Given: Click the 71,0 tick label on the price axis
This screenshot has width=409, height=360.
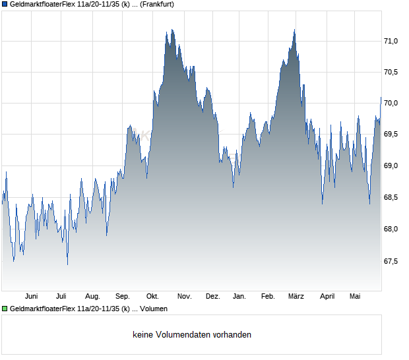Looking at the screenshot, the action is (x=391, y=41).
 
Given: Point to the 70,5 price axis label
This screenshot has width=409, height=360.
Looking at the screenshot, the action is (x=391, y=72).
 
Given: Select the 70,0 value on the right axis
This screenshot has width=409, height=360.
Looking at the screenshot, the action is (x=391, y=103).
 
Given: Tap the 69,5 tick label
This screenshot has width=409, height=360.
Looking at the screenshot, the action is (x=391, y=134).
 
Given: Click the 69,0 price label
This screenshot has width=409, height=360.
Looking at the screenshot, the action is (x=391, y=165).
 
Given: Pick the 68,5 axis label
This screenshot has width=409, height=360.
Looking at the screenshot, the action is (x=391, y=197).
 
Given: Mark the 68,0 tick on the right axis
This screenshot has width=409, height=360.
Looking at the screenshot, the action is (x=391, y=229).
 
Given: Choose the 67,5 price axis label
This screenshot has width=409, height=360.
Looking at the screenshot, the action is (x=391, y=261).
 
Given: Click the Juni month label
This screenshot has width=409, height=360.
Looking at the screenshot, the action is (x=31, y=297).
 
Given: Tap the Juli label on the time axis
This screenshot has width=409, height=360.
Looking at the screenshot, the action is (x=61, y=297).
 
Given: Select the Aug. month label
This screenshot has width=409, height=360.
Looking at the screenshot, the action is (x=92, y=297).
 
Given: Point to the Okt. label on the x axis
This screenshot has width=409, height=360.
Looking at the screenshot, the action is (x=152, y=297).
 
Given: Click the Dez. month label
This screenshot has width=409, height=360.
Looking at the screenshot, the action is (x=213, y=297).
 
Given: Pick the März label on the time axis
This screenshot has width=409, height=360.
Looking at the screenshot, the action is (x=296, y=297).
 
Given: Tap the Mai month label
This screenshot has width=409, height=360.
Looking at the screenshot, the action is (x=355, y=297).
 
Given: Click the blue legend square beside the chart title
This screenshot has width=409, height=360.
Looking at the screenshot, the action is (x=5, y=5).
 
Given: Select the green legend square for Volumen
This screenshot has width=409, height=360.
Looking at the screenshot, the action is (x=5, y=309).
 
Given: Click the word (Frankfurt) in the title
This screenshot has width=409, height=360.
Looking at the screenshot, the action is (x=157, y=5).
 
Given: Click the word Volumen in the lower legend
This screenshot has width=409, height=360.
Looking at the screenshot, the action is (x=154, y=309).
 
